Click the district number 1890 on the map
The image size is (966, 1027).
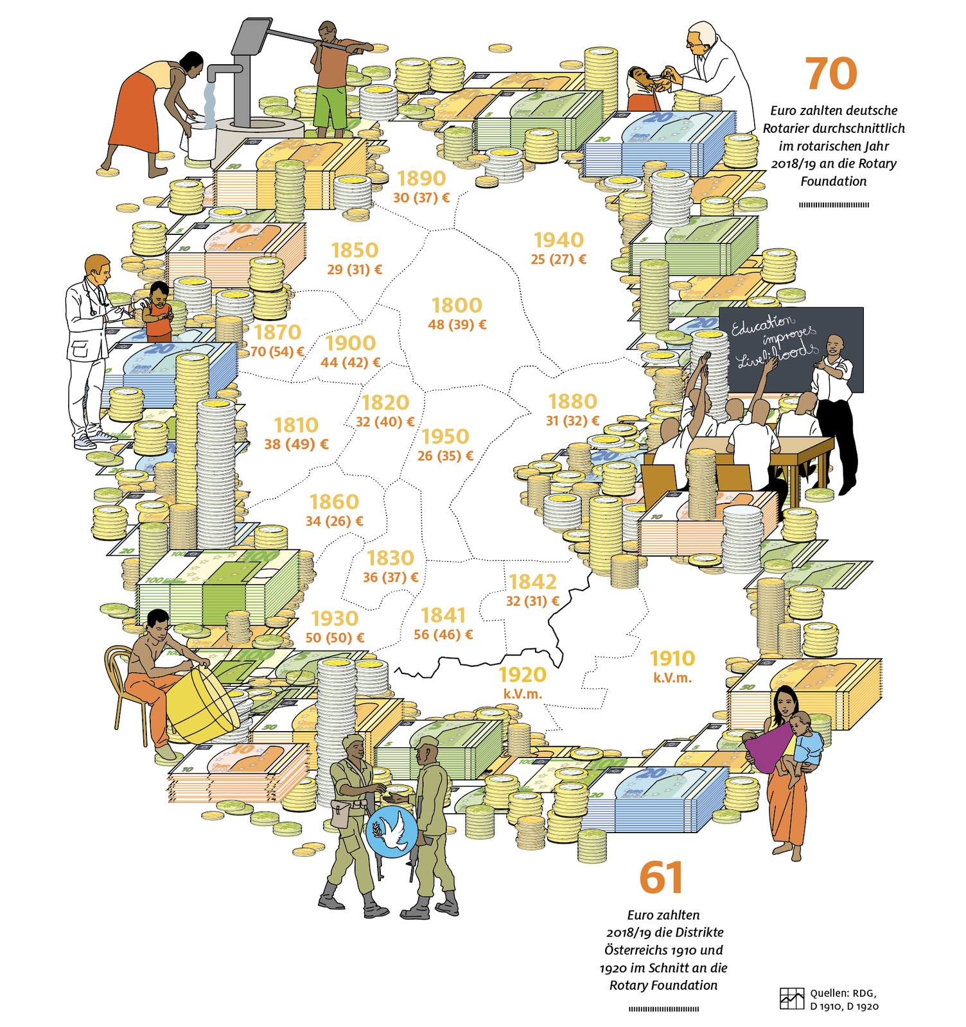[x=421, y=178]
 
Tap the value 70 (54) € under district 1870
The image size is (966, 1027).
[x=277, y=352]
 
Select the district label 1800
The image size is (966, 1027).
[x=457, y=306]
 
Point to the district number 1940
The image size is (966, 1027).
[x=559, y=240]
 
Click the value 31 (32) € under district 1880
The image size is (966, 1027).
[x=573, y=421]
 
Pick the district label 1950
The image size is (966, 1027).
[x=445, y=436]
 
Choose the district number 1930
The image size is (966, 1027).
[x=335, y=619]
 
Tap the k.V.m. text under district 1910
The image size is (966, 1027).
[x=672, y=678]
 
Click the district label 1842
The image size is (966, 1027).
[x=532, y=582]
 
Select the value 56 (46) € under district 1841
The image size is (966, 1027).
[x=443, y=635]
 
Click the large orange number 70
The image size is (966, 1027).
[x=831, y=74]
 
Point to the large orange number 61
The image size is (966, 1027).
[x=661, y=878]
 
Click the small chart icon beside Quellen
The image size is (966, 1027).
[x=791, y=998]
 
